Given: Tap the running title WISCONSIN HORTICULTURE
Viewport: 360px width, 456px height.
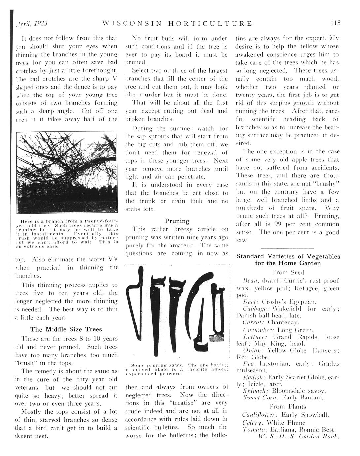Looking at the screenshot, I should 177,24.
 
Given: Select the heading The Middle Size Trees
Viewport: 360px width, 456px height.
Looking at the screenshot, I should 66,329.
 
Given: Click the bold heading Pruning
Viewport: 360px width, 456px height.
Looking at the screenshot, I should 177,221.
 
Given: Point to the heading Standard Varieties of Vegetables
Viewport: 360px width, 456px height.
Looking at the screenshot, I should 288,256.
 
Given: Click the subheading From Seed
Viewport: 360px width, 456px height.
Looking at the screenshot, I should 288,273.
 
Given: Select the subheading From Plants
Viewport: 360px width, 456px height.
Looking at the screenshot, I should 288,407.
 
